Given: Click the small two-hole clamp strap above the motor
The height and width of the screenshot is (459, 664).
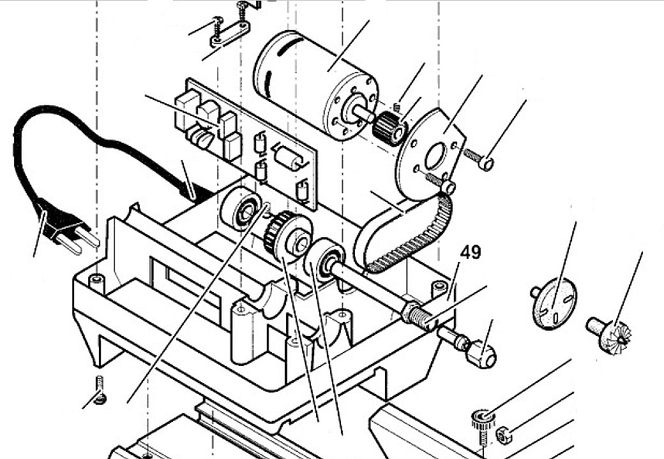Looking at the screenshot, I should (x=229, y=36).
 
